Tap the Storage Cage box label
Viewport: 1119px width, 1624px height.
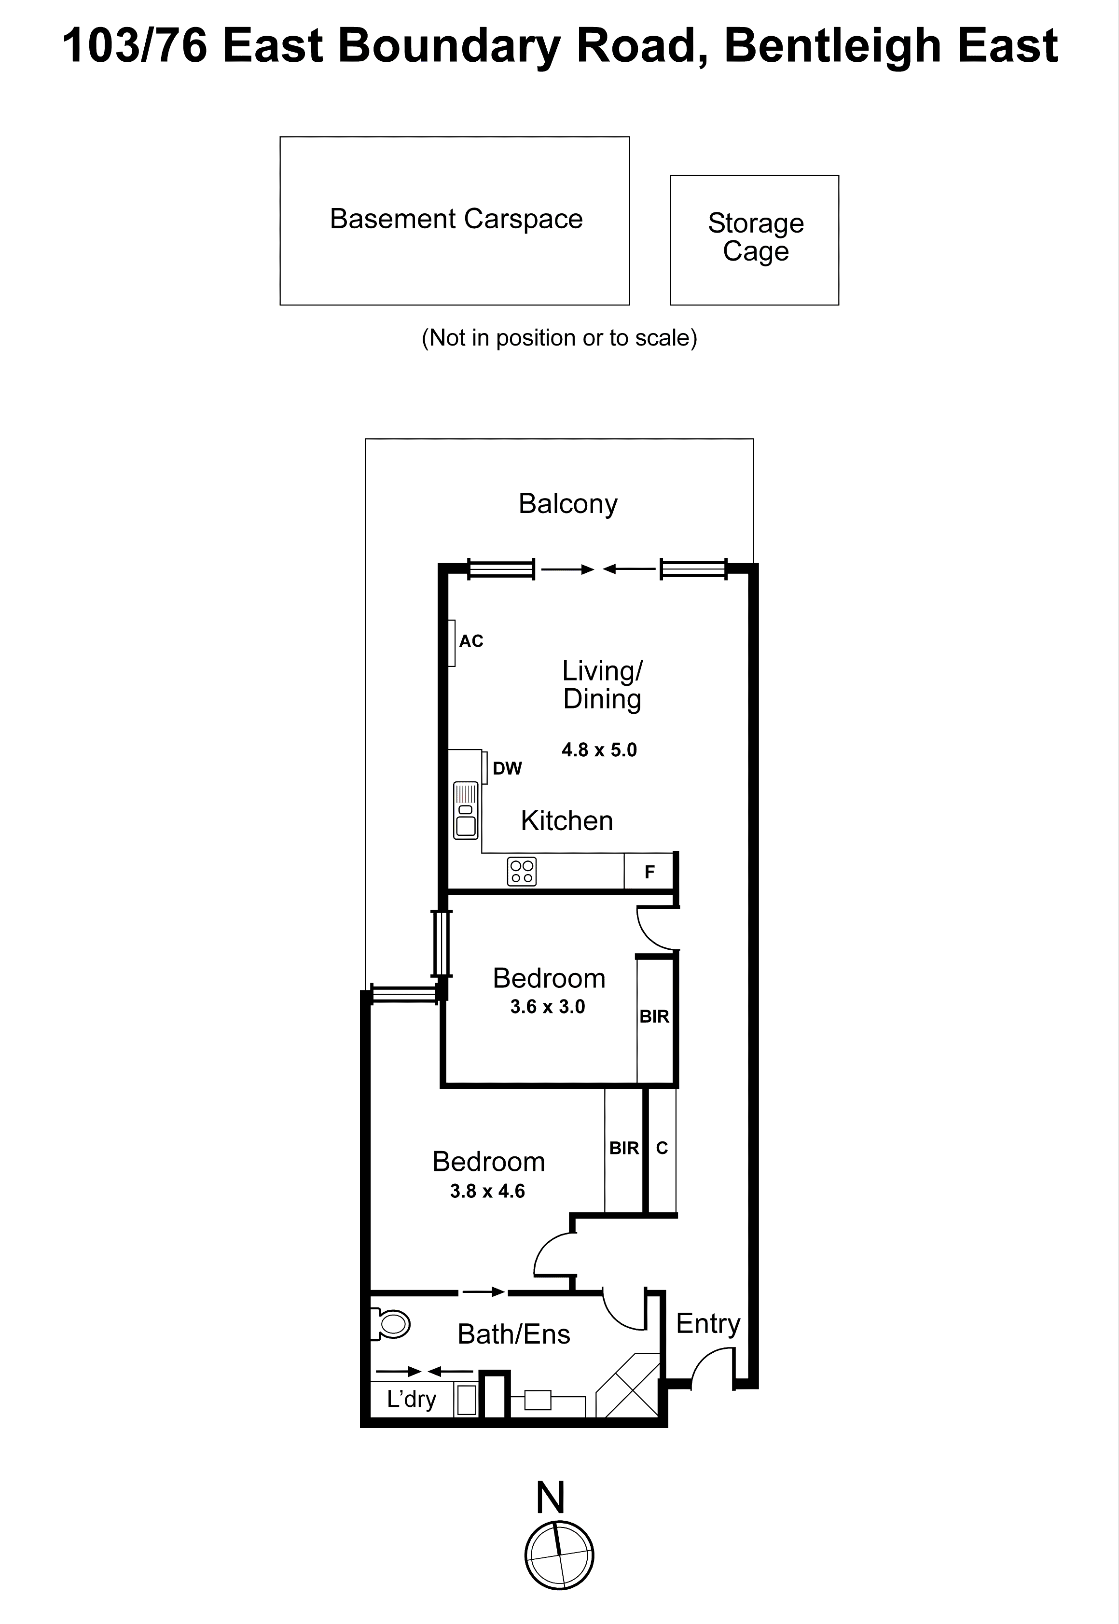tap(755, 237)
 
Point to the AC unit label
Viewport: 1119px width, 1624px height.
tap(470, 641)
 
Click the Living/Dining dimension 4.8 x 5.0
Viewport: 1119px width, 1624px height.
tap(599, 750)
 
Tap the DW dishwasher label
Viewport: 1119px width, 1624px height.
tap(507, 768)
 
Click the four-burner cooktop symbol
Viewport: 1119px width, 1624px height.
tap(522, 872)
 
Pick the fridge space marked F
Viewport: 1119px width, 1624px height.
tap(649, 872)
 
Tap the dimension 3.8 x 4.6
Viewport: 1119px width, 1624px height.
tap(487, 1191)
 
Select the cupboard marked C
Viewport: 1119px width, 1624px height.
tap(661, 1148)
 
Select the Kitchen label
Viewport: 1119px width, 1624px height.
tap(566, 820)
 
